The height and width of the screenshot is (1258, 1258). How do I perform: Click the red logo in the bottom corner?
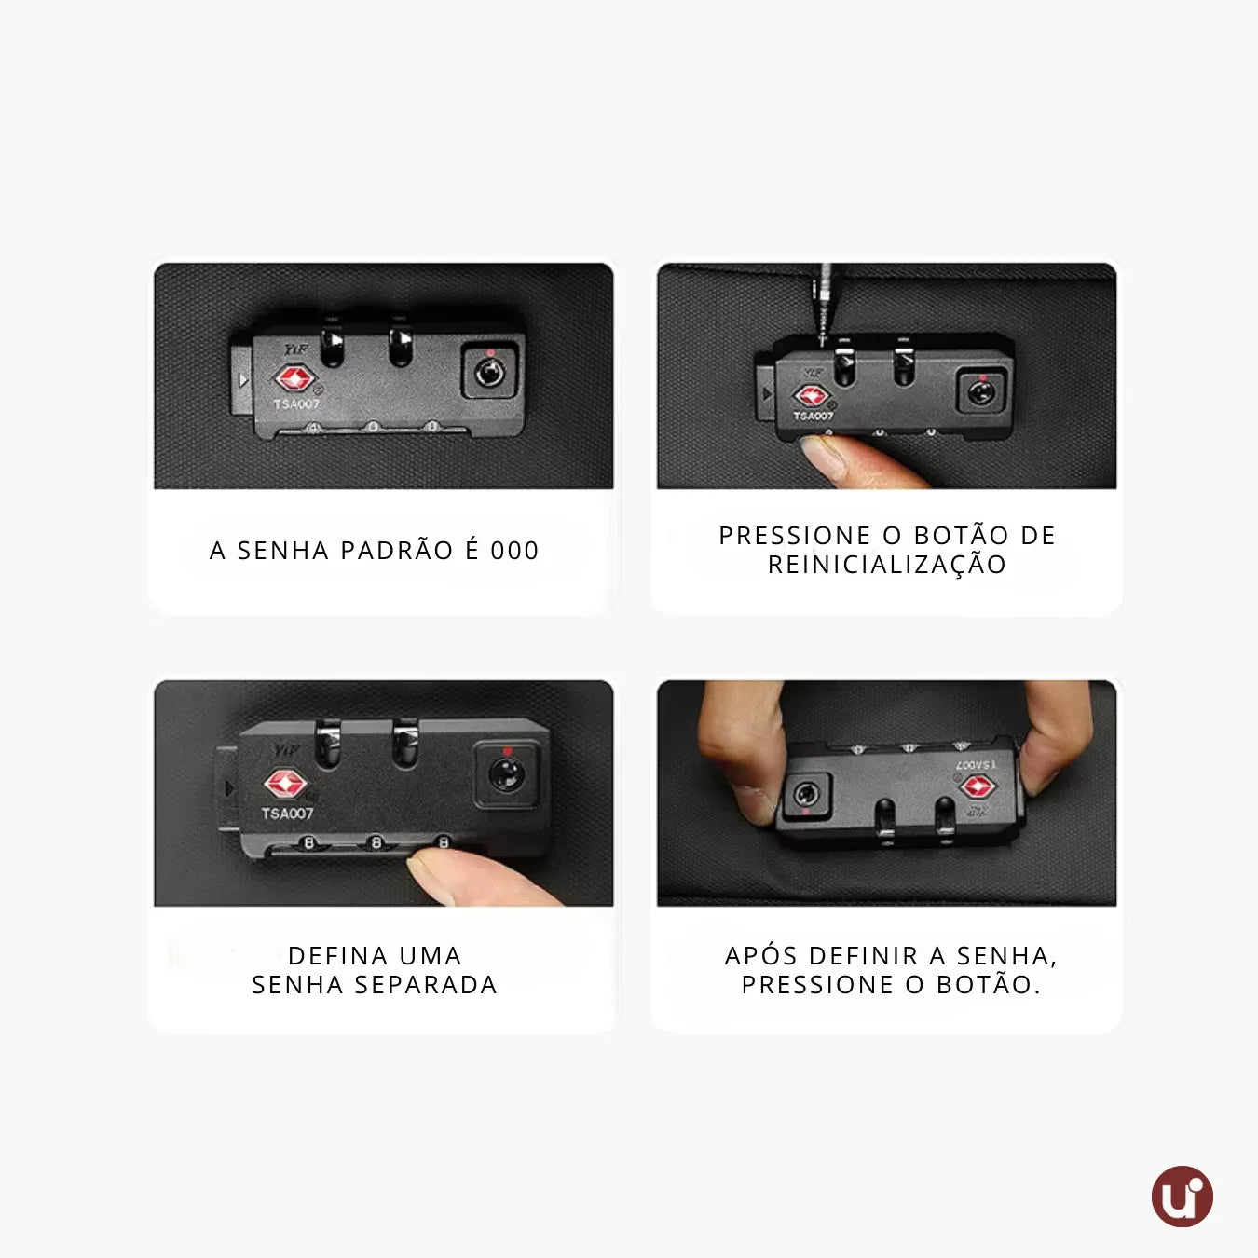[1182, 1196]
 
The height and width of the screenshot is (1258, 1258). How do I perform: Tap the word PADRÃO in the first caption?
[397, 551]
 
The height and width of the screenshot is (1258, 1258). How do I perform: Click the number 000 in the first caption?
[514, 551]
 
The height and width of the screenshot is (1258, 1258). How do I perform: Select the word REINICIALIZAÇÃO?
[887, 566]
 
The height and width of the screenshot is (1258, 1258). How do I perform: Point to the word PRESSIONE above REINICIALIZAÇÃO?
[795, 535]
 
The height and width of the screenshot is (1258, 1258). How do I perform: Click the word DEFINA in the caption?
[335, 956]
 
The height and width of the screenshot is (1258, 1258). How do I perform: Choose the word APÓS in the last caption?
[761, 955]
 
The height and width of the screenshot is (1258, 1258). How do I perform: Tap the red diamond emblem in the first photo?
[295, 378]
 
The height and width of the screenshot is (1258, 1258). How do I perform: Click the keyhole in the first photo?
[489, 373]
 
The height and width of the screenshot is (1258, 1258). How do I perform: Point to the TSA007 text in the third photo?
[287, 814]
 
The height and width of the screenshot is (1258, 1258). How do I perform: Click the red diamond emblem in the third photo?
[284, 783]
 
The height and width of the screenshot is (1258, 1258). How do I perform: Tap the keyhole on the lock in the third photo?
[507, 775]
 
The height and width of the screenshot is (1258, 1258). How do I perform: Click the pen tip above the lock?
[823, 340]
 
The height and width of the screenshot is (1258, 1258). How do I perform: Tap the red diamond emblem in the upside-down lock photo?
[978, 786]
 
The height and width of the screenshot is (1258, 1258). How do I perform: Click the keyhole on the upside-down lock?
[806, 795]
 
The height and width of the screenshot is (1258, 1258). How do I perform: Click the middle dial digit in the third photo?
[376, 842]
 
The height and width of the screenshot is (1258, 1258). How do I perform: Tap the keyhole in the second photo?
[980, 393]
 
